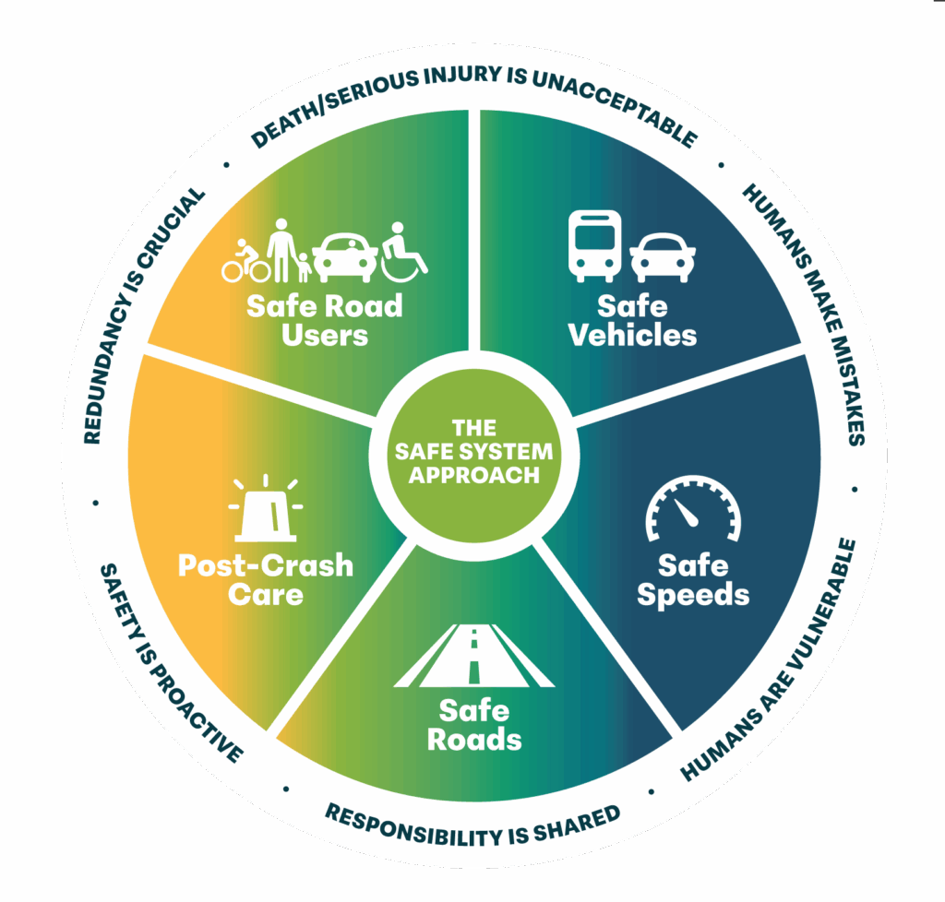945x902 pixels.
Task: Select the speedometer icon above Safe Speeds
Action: (x=692, y=515)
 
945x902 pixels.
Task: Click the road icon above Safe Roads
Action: (x=474, y=656)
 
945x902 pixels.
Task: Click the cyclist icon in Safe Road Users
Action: (x=245, y=261)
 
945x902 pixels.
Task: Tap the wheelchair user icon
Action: (x=403, y=251)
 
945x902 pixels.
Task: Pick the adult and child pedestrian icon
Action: (x=289, y=252)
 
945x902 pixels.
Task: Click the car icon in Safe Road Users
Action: (x=345, y=255)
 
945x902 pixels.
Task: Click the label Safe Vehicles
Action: (x=632, y=319)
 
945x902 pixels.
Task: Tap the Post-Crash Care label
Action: (x=265, y=578)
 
